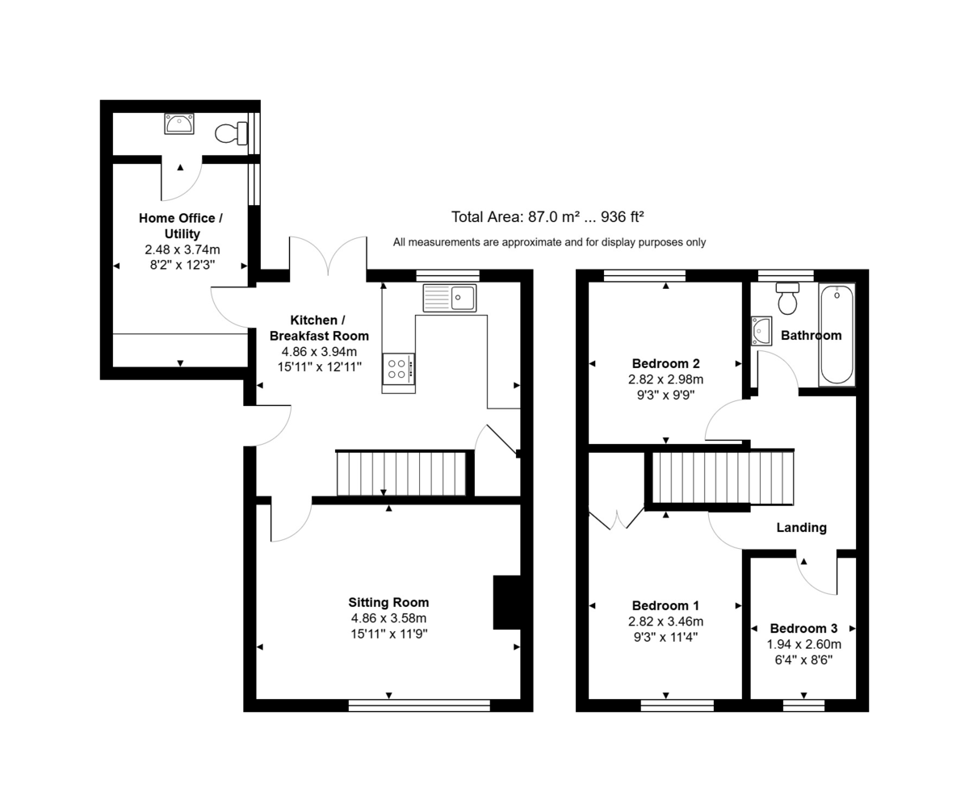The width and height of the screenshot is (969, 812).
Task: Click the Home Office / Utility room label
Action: coord(180,226)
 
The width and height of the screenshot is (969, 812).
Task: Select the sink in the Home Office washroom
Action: coord(178,123)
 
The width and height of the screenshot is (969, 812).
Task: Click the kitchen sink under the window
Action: coord(449,298)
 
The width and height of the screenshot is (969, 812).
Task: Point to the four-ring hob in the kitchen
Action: coord(397,369)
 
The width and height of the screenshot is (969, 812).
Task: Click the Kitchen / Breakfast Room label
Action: coord(319,328)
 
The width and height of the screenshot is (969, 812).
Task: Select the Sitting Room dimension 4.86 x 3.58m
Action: coord(388,618)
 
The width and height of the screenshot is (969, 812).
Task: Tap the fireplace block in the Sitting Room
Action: coord(506,602)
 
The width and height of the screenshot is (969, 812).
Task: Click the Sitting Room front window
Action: coord(419,705)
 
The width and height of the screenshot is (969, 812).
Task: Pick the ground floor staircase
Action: coord(401,474)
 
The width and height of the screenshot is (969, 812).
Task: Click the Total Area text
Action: coord(547,216)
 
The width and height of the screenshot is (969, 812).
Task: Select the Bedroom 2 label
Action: coord(665,363)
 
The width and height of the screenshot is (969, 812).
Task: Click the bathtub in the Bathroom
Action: coord(836,334)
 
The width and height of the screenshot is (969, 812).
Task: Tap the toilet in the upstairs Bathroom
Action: coord(787,299)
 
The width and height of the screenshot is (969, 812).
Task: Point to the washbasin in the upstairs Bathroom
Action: coord(761,331)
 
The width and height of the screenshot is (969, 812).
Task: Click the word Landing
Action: coord(801,527)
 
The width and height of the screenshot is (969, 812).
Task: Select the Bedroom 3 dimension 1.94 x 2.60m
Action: coord(803,644)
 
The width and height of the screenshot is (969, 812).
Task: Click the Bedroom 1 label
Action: coord(665,605)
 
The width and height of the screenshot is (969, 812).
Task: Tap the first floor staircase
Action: coord(722,478)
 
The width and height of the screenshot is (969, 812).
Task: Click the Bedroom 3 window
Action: coord(803,705)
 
